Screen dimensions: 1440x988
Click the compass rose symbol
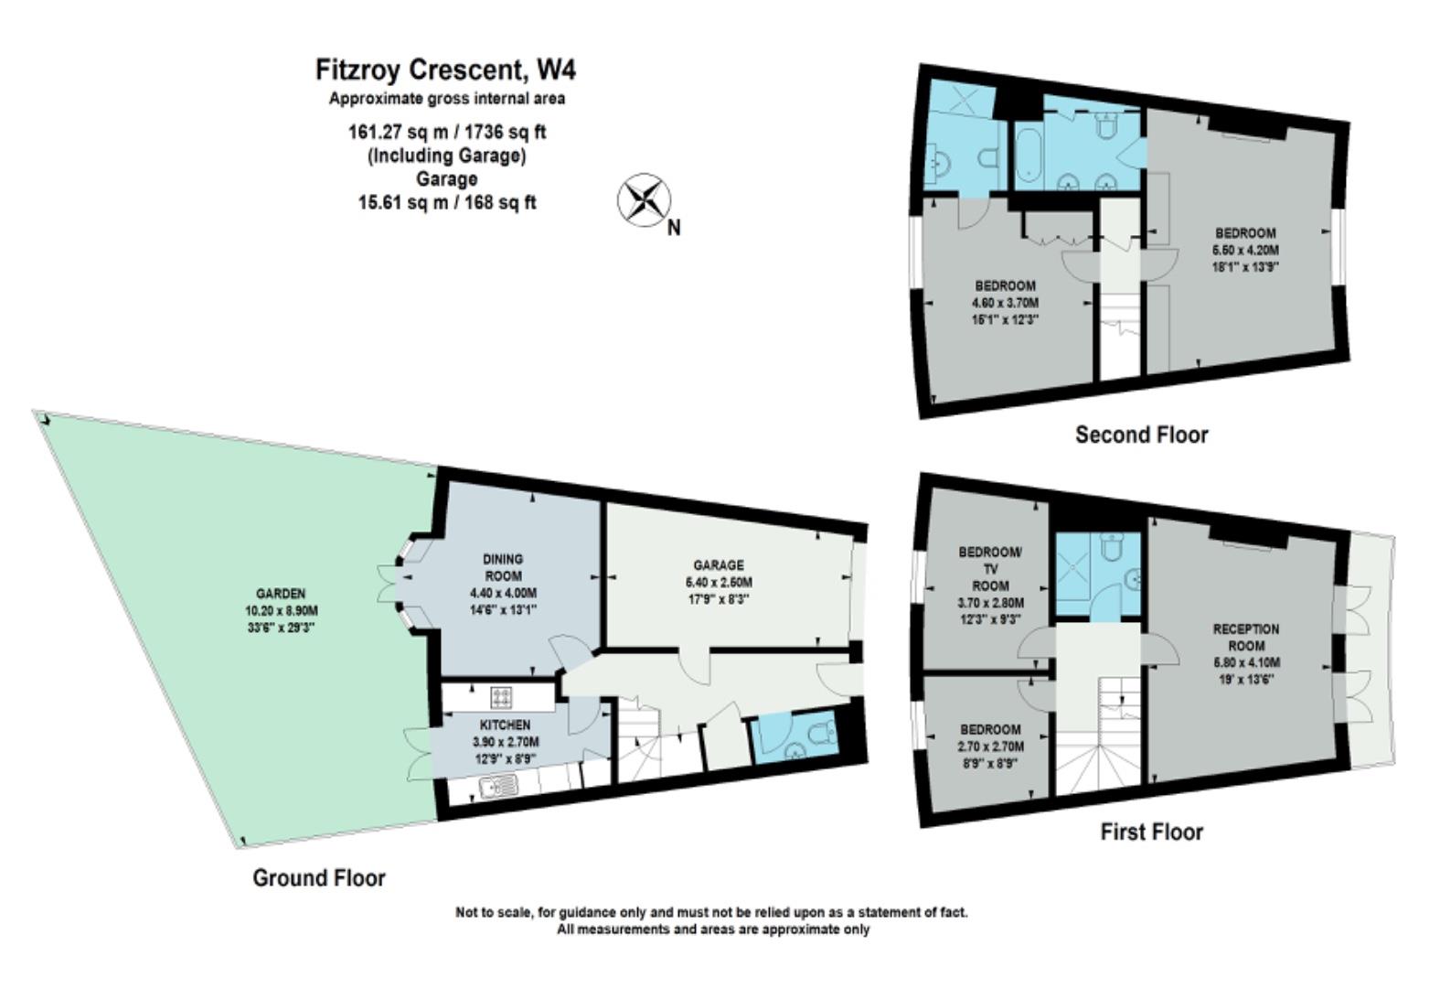pyautogui.click(x=644, y=200)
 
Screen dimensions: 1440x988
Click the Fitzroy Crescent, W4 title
pyautogui.click(x=445, y=70)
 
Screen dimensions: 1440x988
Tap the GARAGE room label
pyautogui.click(x=719, y=565)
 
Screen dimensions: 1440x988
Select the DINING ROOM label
pyautogui.click(x=504, y=568)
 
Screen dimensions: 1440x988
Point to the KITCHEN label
pyautogui.click(x=506, y=725)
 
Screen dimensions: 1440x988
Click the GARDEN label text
pyautogui.click(x=281, y=594)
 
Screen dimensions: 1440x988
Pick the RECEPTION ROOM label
pyautogui.click(x=1246, y=638)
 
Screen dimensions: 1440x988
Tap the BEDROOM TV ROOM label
pyautogui.click(x=990, y=569)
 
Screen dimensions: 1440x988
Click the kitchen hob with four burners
pyautogui.click(x=501, y=697)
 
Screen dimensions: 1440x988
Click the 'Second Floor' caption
pyautogui.click(x=1142, y=435)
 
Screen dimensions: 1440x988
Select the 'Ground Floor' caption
pyautogui.click(x=319, y=878)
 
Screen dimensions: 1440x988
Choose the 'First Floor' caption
pyautogui.click(x=1151, y=832)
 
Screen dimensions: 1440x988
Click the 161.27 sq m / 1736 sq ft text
pyautogui.click(x=447, y=133)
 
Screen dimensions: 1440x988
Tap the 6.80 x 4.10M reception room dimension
pyautogui.click(x=1246, y=662)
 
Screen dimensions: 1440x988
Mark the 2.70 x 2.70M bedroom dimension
pyautogui.click(x=991, y=746)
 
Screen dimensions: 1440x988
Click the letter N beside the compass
pyautogui.click(x=674, y=228)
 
